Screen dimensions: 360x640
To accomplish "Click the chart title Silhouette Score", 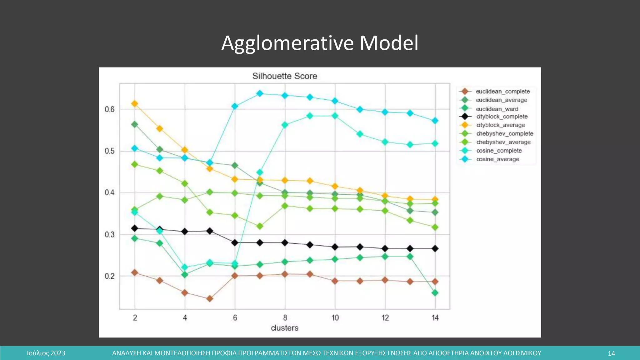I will pos(285,76).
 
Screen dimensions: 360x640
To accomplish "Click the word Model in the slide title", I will pos(389,43).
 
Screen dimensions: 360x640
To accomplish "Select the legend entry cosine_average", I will pos(497,159).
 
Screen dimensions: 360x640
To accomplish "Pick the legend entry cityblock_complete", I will pos(502,117).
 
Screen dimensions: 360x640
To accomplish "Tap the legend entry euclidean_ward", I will pos(497,109).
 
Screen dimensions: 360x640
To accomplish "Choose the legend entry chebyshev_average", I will pos(503,142).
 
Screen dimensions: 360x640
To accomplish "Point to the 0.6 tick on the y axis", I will pos(110,109).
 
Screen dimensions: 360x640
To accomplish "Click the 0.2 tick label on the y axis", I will pos(110,276).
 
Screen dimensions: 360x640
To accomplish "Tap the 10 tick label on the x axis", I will pos(335,318).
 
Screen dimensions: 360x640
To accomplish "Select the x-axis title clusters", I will pos(285,328).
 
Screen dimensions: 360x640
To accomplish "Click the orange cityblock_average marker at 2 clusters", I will pos(135,104).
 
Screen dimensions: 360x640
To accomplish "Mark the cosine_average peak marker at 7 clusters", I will pos(260,93).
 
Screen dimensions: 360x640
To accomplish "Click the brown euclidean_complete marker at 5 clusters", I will pos(210,299).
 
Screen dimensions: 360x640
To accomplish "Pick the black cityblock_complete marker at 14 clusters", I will pos(435,248).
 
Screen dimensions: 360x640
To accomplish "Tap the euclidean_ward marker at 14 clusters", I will pos(435,293).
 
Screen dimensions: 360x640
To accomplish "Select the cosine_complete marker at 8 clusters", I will pos(285,125).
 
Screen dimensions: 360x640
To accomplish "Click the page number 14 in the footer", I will pos(611,353).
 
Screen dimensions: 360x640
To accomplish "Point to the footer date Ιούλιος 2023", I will pos(46,353).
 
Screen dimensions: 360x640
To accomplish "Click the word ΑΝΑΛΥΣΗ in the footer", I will pos(126,353).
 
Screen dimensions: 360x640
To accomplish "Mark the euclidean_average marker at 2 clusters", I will pos(135,124).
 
